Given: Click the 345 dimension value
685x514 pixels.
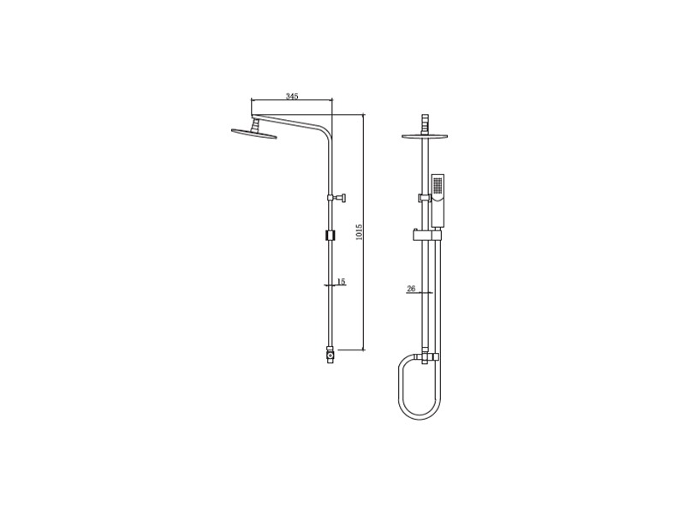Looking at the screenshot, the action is point(292,96).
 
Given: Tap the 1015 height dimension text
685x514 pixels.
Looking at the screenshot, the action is point(359,232).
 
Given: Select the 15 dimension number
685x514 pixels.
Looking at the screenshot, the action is point(341,282).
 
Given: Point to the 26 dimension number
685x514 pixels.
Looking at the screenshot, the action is point(411,289).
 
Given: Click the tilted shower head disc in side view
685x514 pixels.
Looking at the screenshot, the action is point(253,134).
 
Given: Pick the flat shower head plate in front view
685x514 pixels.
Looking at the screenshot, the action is point(425,136).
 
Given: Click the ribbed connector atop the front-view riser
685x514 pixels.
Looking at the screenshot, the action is point(425,123).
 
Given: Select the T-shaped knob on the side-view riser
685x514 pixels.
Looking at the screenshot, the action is point(337,198).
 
